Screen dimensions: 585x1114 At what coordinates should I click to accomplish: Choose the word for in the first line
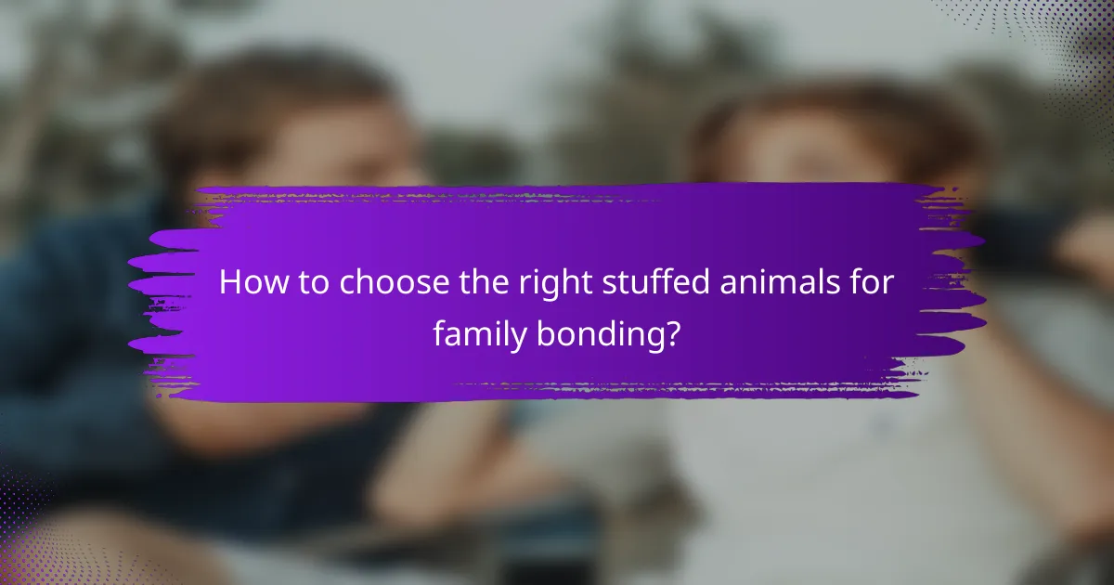click(874, 283)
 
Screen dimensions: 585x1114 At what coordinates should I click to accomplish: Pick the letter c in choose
click(347, 285)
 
